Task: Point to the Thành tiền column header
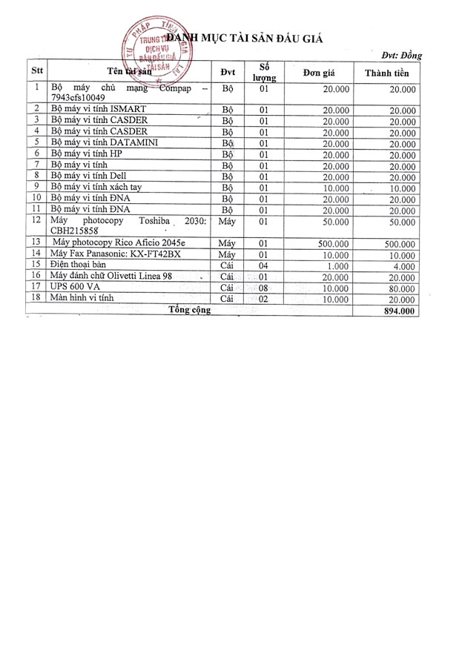387,73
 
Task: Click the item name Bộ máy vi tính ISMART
94,109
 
